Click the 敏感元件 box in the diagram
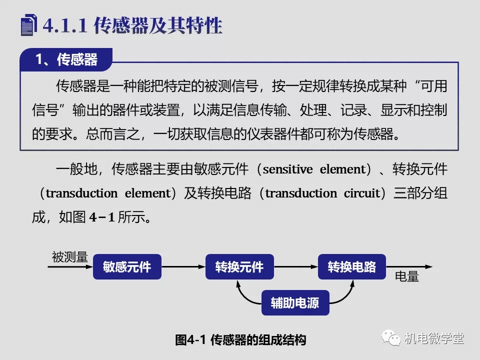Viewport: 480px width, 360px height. pyautogui.click(x=127, y=266)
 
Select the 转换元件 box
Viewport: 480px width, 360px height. pyautogui.click(x=239, y=266)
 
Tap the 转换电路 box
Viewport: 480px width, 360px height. pyautogui.click(x=351, y=266)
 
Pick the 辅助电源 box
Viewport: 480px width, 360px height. pyautogui.click(x=295, y=303)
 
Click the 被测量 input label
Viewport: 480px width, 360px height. pyautogui.click(x=70, y=257)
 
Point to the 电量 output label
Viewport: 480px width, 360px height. pyautogui.click(x=407, y=276)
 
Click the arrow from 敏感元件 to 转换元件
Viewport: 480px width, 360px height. pyautogui.click(x=183, y=266)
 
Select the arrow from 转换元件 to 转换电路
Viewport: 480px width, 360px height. pyautogui.click(x=296, y=266)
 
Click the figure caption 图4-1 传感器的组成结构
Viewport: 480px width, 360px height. pyautogui.click(x=240, y=340)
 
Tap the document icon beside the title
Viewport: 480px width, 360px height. pyautogui.click(x=29, y=25)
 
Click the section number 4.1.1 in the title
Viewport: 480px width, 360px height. pyautogui.click(x=65, y=25)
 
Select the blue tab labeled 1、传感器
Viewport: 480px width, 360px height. pyautogui.click(x=66, y=59)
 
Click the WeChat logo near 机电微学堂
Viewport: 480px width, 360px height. pyautogui.click(x=391, y=337)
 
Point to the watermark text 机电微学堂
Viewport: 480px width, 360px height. pyautogui.click(x=434, y=338)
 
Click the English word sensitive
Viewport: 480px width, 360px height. pyautogui.click(x=288, y=169)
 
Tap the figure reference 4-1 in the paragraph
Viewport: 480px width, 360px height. pyautogui.click(x=102, y=217)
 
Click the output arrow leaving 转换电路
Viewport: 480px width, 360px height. pyautogui.click(x=409, y=266)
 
